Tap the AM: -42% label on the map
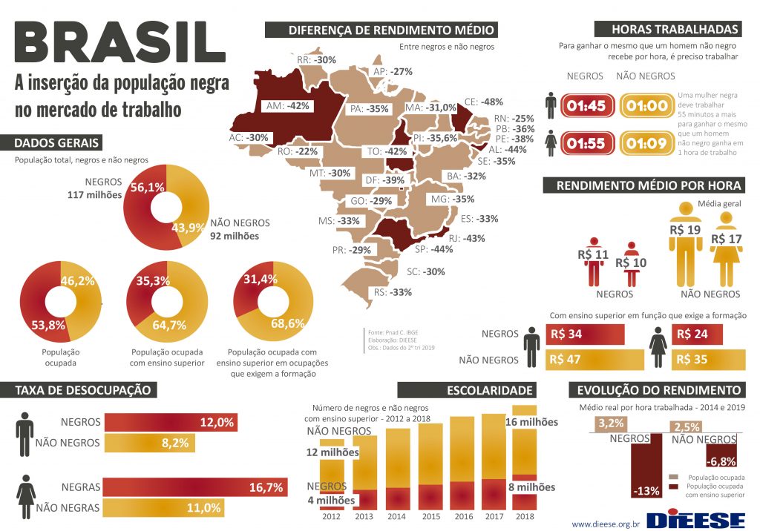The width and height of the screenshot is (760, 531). pos(287,106)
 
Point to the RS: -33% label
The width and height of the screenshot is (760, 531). pos(392,292)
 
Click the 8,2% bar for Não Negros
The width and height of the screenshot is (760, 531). pos(148,443)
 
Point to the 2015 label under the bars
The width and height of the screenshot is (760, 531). pos(430,516)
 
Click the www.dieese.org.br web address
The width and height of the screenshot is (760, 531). pos(605,524)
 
